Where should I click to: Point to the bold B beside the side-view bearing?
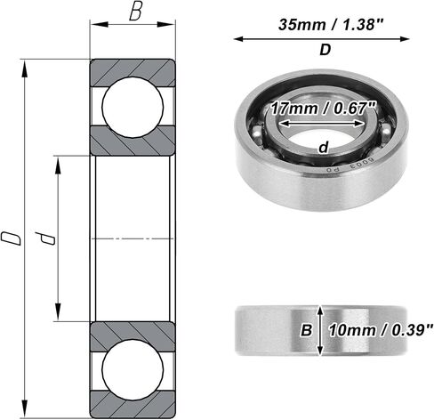click(x=306, y=331)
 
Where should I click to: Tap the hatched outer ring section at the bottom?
click(x=133, y=408)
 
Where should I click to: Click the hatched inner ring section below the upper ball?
click(x=133, y=142)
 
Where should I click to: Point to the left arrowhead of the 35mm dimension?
click(x=237, y=38)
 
